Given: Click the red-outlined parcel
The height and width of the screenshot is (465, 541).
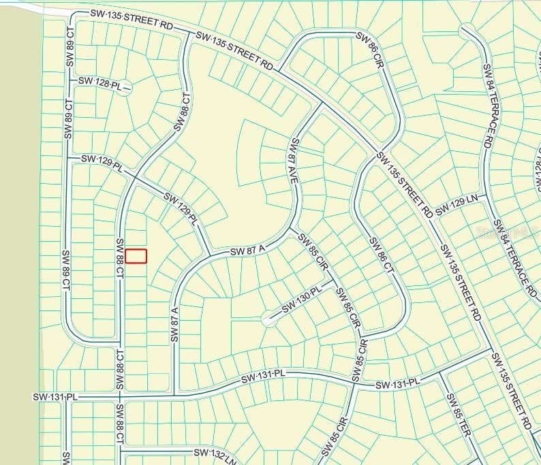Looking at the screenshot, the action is point(136,256).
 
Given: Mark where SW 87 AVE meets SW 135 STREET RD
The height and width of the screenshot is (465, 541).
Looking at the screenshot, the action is point(321,104).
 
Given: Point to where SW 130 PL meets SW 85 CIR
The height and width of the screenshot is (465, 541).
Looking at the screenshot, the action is point(333,280).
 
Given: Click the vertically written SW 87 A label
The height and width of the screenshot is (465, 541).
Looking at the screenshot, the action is point(175,326).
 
